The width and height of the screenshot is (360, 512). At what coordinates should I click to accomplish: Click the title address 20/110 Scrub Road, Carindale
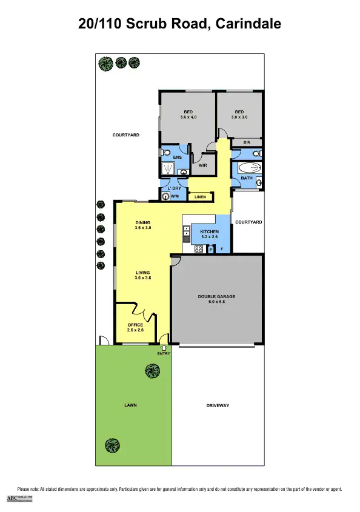[x=180, y=24]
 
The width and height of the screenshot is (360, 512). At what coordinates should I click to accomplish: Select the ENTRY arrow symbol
[x=164, y=347]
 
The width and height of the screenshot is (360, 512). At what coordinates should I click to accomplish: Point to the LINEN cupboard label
[x=200, y=197]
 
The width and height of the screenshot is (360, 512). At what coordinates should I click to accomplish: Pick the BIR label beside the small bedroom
[x=247, y=142]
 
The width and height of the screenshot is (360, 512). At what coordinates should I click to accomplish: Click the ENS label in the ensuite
[x=178, y=158]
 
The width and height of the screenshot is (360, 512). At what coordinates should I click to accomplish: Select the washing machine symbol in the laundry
[x=164, y=196]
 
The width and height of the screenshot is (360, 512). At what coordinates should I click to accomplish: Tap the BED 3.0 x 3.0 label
[x=239, y=115]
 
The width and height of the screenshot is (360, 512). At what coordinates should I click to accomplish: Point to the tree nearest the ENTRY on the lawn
[x=152, y=370]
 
